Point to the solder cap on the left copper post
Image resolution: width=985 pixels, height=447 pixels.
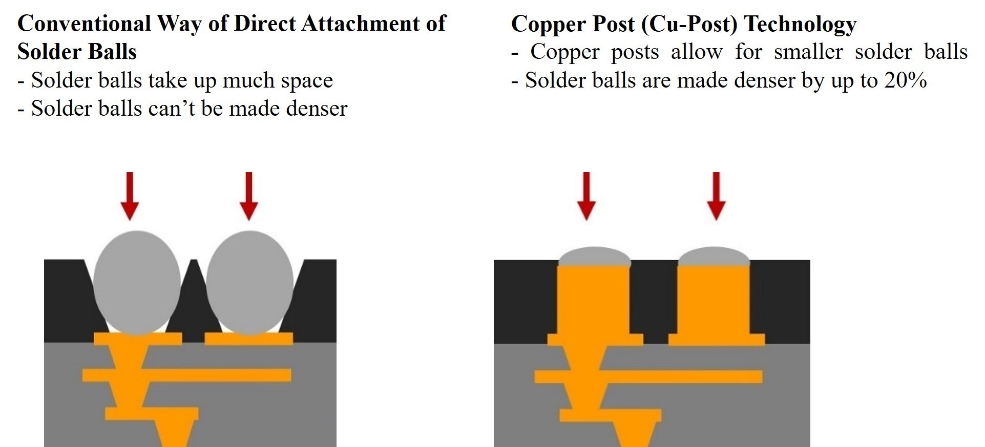click(x=594, y=257)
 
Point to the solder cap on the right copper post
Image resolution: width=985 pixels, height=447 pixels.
click(x=714, y=257)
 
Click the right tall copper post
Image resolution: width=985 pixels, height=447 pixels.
click(x=714, y=302)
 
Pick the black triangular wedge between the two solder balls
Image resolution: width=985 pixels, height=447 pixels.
click(x=194, y=307)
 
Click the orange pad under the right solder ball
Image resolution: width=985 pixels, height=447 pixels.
click(x=249, y=339)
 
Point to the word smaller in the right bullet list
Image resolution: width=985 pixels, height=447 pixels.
click(x=808, y=52)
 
